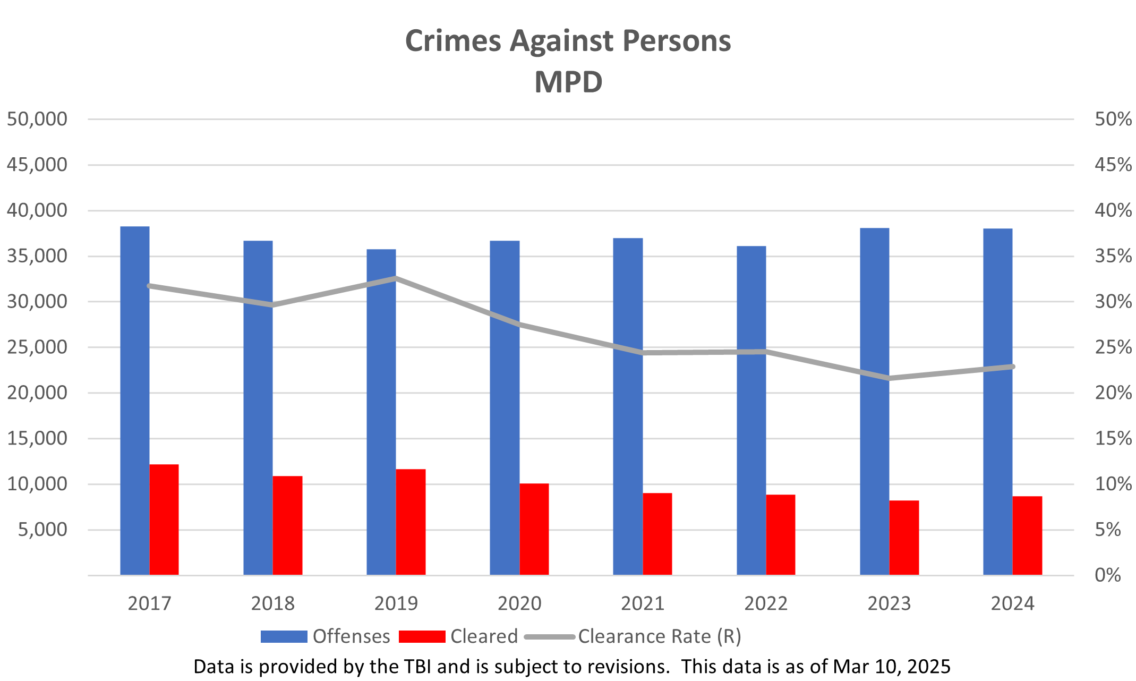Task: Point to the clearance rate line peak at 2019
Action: tap(396, 278)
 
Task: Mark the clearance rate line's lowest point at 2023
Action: tap(889, 378)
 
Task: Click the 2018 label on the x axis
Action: tap(272, 603)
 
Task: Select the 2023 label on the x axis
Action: tap(889, 603)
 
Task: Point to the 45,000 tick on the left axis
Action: tap(37, 165)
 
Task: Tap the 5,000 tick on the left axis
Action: tap(42, 530)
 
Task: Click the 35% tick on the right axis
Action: tap(1113, 256)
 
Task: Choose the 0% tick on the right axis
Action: tap(1107, 575)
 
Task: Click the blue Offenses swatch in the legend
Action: tap(284, 636)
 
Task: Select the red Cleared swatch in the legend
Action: tap(422, 636)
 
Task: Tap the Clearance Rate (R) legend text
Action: tap(659, 636)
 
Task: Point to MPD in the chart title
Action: tap(568, 82)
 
